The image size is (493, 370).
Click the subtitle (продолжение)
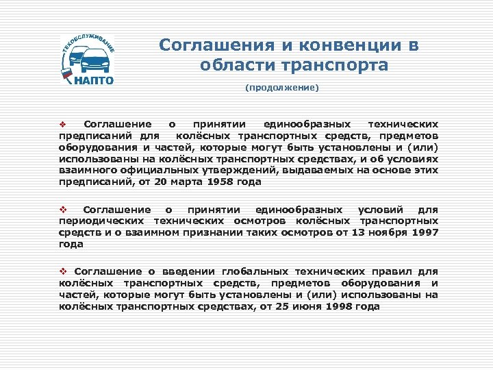(282, 88)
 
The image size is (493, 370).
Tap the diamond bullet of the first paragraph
(60, 125)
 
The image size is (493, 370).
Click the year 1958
(205, 182)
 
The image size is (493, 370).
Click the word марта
(171, 182)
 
